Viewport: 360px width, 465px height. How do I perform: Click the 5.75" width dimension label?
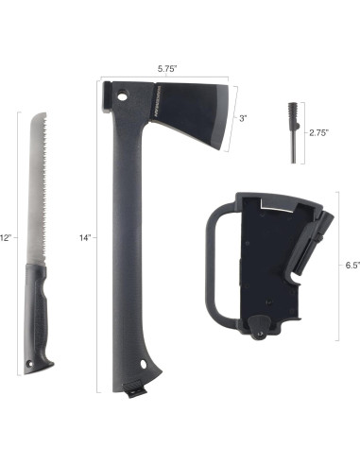pos(168,68)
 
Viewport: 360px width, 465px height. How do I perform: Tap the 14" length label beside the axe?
pos(85,238)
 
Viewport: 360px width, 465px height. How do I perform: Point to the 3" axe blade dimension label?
pos(244,118)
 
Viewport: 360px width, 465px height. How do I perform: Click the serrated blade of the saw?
pos(34,189)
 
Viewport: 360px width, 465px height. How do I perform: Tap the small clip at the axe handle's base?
pos(135,386)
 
